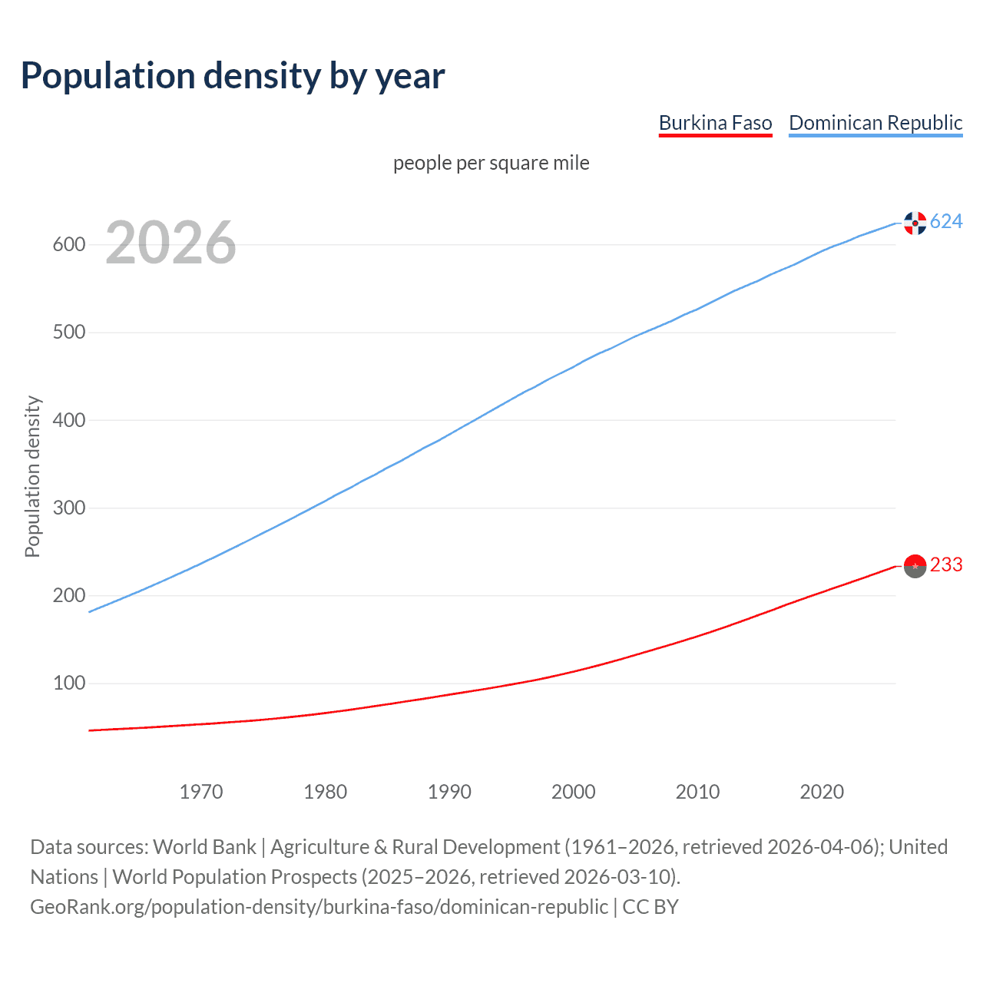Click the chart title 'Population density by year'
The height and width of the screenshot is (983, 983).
pos(233,76)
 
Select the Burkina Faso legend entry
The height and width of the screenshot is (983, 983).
pos(715,123)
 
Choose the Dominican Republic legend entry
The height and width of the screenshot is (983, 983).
pos(875,123)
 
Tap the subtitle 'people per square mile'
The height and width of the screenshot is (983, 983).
pos(491,164)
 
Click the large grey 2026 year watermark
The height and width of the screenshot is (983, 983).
pos(170,243)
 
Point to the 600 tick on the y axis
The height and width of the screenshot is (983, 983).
pos(68,245)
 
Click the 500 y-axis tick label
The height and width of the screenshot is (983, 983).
pos(68,333)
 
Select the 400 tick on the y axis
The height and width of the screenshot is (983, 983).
pos(68,420)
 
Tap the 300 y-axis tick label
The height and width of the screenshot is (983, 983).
pos(68,508)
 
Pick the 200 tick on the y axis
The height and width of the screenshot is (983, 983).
pos(68,595)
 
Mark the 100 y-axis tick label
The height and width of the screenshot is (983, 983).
pos(68,683)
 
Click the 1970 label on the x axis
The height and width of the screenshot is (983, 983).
pos(201,792)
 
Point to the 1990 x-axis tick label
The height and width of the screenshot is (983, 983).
pos(449,792)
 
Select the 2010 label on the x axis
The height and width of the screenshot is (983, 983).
pos(697,792)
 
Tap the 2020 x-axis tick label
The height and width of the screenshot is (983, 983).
pos(822,792)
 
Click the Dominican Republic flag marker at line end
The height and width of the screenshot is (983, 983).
pos(915,223)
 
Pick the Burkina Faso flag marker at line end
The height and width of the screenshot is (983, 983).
pos(915,566)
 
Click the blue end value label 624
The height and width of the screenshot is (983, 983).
pos(946,222)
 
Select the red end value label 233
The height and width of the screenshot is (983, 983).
pos(946,565)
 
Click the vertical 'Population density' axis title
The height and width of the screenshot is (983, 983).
pos(32,476)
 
